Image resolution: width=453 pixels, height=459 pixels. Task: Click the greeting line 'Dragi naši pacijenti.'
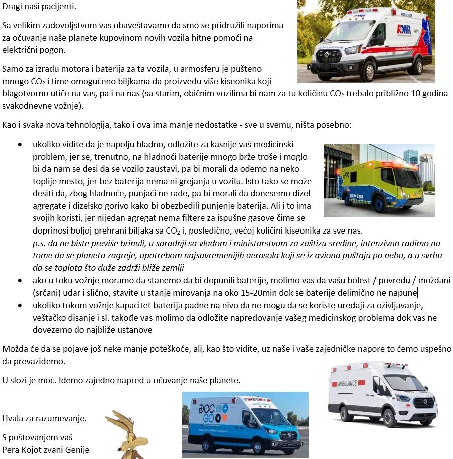[x=40, y=8]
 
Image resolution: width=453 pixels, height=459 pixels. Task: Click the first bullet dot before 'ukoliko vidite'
[x=20, y=144]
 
